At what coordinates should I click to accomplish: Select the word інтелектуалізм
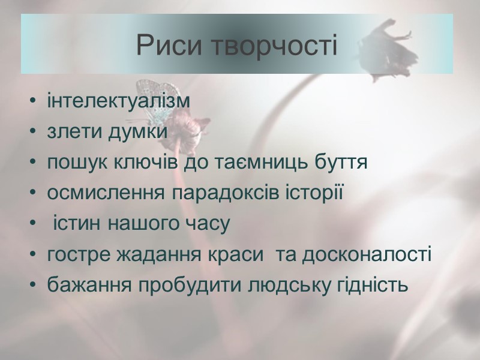click(x=118, y=101)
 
